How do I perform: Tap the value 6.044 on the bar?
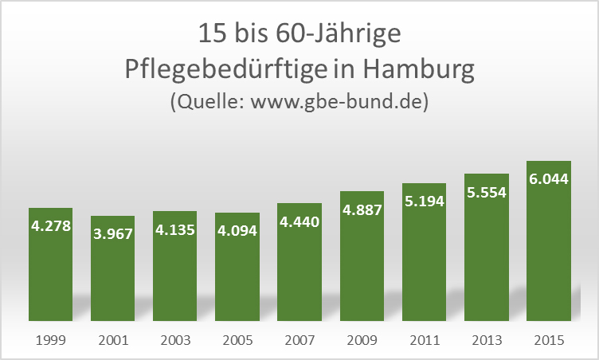tap(549, 179)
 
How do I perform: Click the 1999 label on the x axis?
tap(50, 340)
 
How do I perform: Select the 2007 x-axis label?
tap(299, 340)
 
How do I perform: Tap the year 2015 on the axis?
tap(549, 340)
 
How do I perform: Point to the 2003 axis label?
tap(175, 340)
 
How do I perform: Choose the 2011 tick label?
tap(424, 340)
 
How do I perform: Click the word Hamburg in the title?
tap(418, 69)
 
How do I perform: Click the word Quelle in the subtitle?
tap(207, 103)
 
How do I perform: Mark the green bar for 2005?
tap(237, 279)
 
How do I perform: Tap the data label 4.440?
tap(299, 221)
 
